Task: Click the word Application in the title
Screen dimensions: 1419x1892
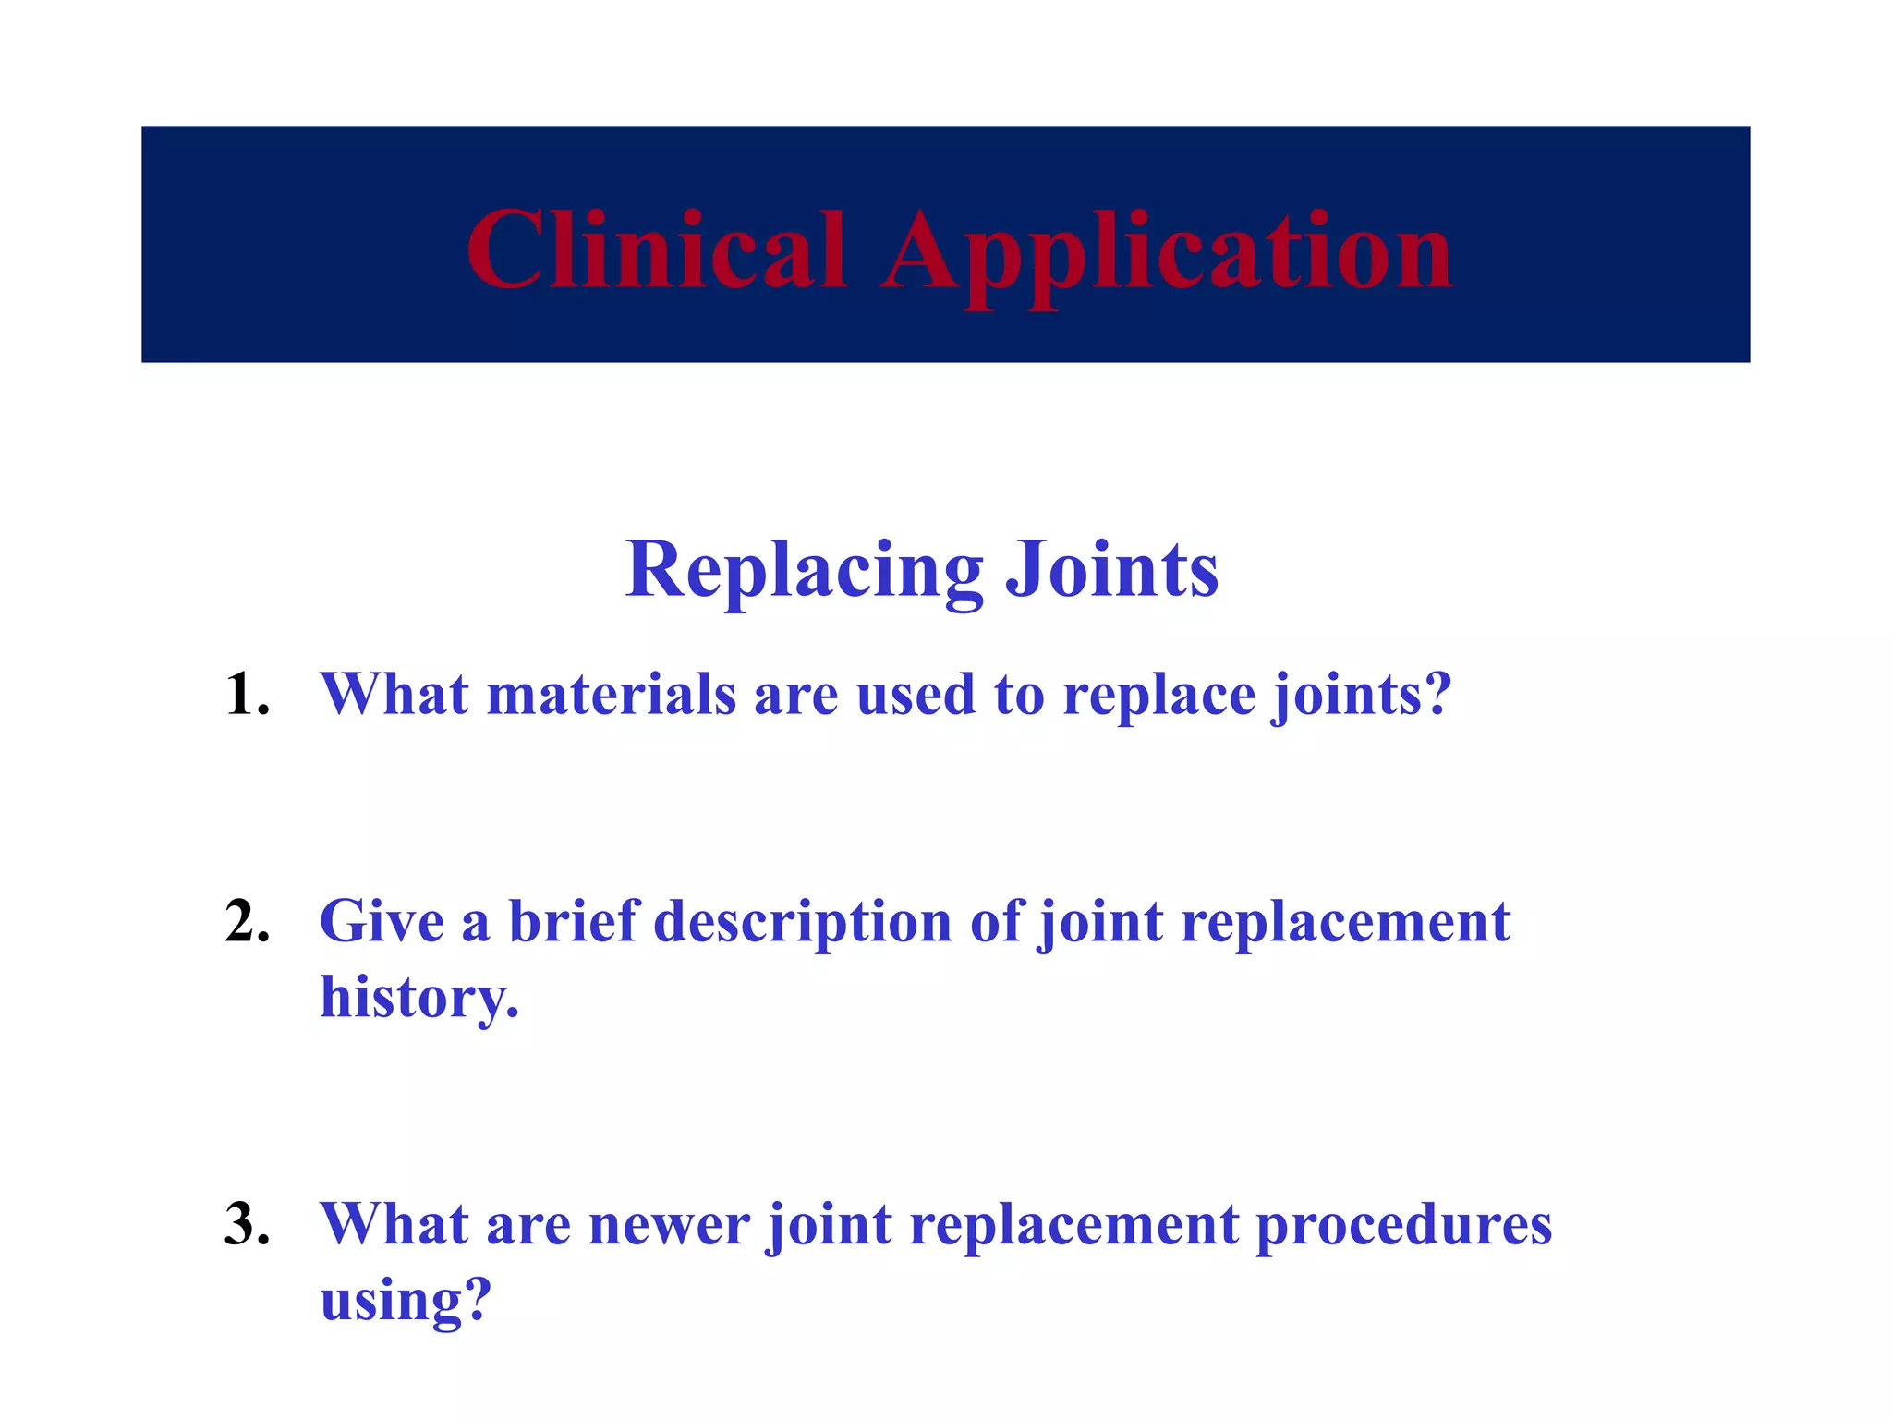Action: point(1166,254)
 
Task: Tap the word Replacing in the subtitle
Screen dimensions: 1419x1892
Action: point(804,571)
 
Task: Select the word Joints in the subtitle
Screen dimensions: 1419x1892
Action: point(1111,571)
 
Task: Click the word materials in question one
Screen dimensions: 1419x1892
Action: point(611,695)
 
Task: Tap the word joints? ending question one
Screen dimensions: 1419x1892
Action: point(1362,695)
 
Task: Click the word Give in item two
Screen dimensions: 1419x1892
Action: point(382,922)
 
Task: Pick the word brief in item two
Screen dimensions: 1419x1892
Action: point(573,922)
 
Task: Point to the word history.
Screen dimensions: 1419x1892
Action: point(419,998)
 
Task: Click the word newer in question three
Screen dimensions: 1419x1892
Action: point(668,1225)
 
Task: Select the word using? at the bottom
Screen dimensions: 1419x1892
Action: point(405,1301)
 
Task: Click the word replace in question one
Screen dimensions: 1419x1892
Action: point(1158,695)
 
